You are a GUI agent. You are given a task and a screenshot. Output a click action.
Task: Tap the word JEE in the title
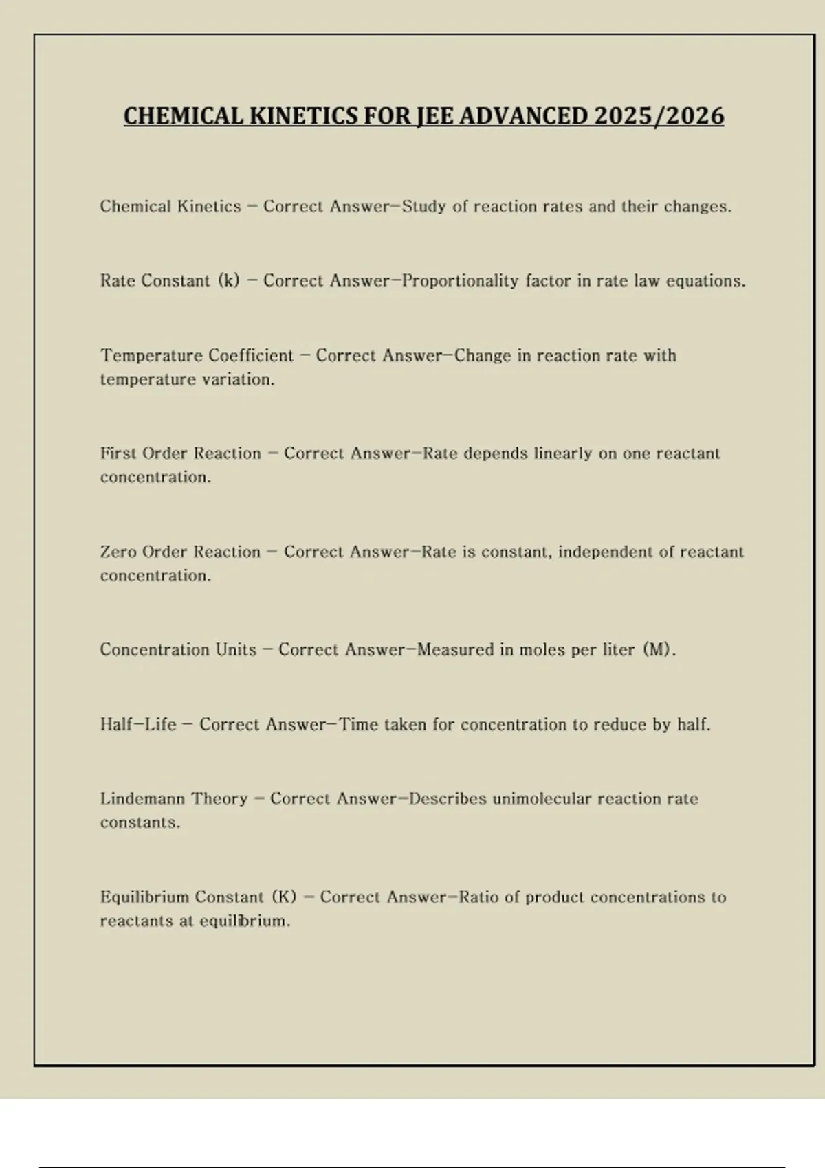[x=434, y=116]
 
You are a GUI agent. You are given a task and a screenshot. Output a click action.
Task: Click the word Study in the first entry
[x=424, y=207]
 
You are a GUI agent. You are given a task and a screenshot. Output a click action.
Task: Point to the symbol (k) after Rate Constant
[x=229, y=281]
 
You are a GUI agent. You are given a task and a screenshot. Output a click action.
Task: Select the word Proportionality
[x=460, y=281]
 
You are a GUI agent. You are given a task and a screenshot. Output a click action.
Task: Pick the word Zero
[x=118, y=552]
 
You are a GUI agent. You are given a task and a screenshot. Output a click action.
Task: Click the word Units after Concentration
[x=236, y=650]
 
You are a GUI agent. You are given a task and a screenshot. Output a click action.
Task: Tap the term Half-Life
[x=138, y=725]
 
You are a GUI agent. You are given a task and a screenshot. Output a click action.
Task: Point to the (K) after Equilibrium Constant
[x=284, y=897]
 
